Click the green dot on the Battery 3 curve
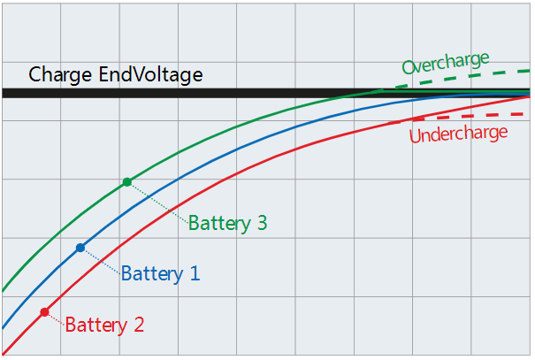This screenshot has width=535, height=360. pyautogui.click(x=127, y=182)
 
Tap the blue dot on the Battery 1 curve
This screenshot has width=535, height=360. pyautogui.click(x=80, y=248)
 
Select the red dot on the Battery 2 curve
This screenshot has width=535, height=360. pyautogui.click(x=44, y=312)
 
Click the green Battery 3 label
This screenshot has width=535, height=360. pyautogui.click(x=227, y=223)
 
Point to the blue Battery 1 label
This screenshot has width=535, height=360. pyautogui.click(x=160, y=273)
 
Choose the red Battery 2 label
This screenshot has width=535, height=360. pyautogui.click(x=104, y=325)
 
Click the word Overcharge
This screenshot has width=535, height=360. pyautogui.click(x=445, y=64)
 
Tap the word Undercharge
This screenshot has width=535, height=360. pyautogui.click(x=458, y=134)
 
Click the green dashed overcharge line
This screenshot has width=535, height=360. pyautogui.click(x=460, y=78)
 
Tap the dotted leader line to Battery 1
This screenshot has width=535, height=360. pyautogui.click(x=100, y=261)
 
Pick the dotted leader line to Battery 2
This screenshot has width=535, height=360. pyautogui.click(x=55, y=318)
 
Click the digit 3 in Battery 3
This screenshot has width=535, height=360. pyautogui.click(x=262, y=223)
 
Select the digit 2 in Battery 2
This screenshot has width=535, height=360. pyautogui.click(x=138, y=325)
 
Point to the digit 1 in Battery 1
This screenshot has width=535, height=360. pyautogui.click(x=194, y=273)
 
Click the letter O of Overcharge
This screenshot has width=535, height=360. pyautogui.click(x=409, y=67)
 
